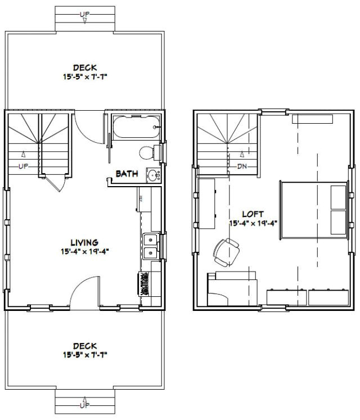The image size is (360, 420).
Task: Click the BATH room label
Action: (x=127, y=174)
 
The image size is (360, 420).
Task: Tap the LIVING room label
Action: (x=85, y=242)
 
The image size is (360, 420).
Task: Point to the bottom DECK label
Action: (x=84, y=346)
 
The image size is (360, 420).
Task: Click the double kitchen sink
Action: (x=150, y=246)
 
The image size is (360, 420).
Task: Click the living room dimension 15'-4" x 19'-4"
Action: (x=85, y=251)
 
